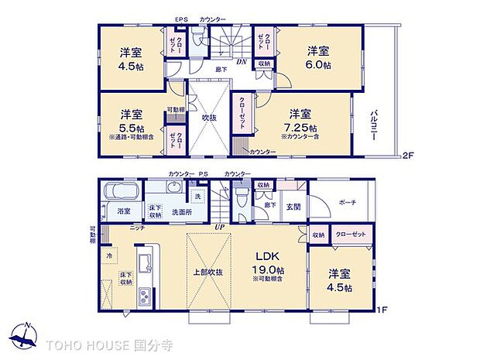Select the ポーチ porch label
coord(347,202)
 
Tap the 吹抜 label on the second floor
coord(209,118)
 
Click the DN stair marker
coord(242,62)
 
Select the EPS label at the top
coord(181,19)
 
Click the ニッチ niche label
coord(137,228)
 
